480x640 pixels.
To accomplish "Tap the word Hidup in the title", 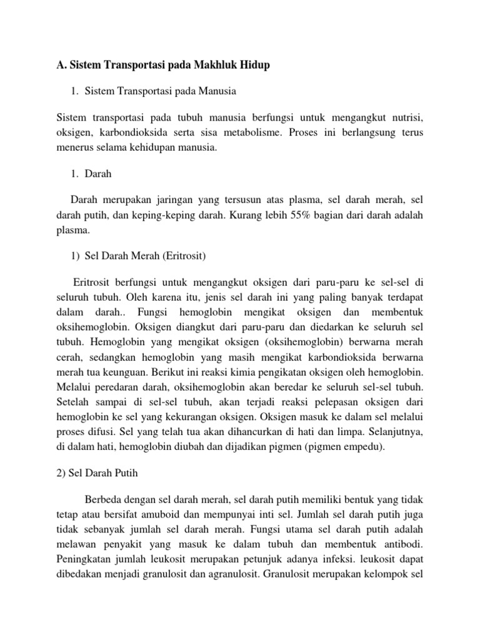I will coord(256,65).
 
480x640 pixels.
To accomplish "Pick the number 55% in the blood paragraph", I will coord(297,214).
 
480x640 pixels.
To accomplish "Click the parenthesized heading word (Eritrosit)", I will coord(182,256).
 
